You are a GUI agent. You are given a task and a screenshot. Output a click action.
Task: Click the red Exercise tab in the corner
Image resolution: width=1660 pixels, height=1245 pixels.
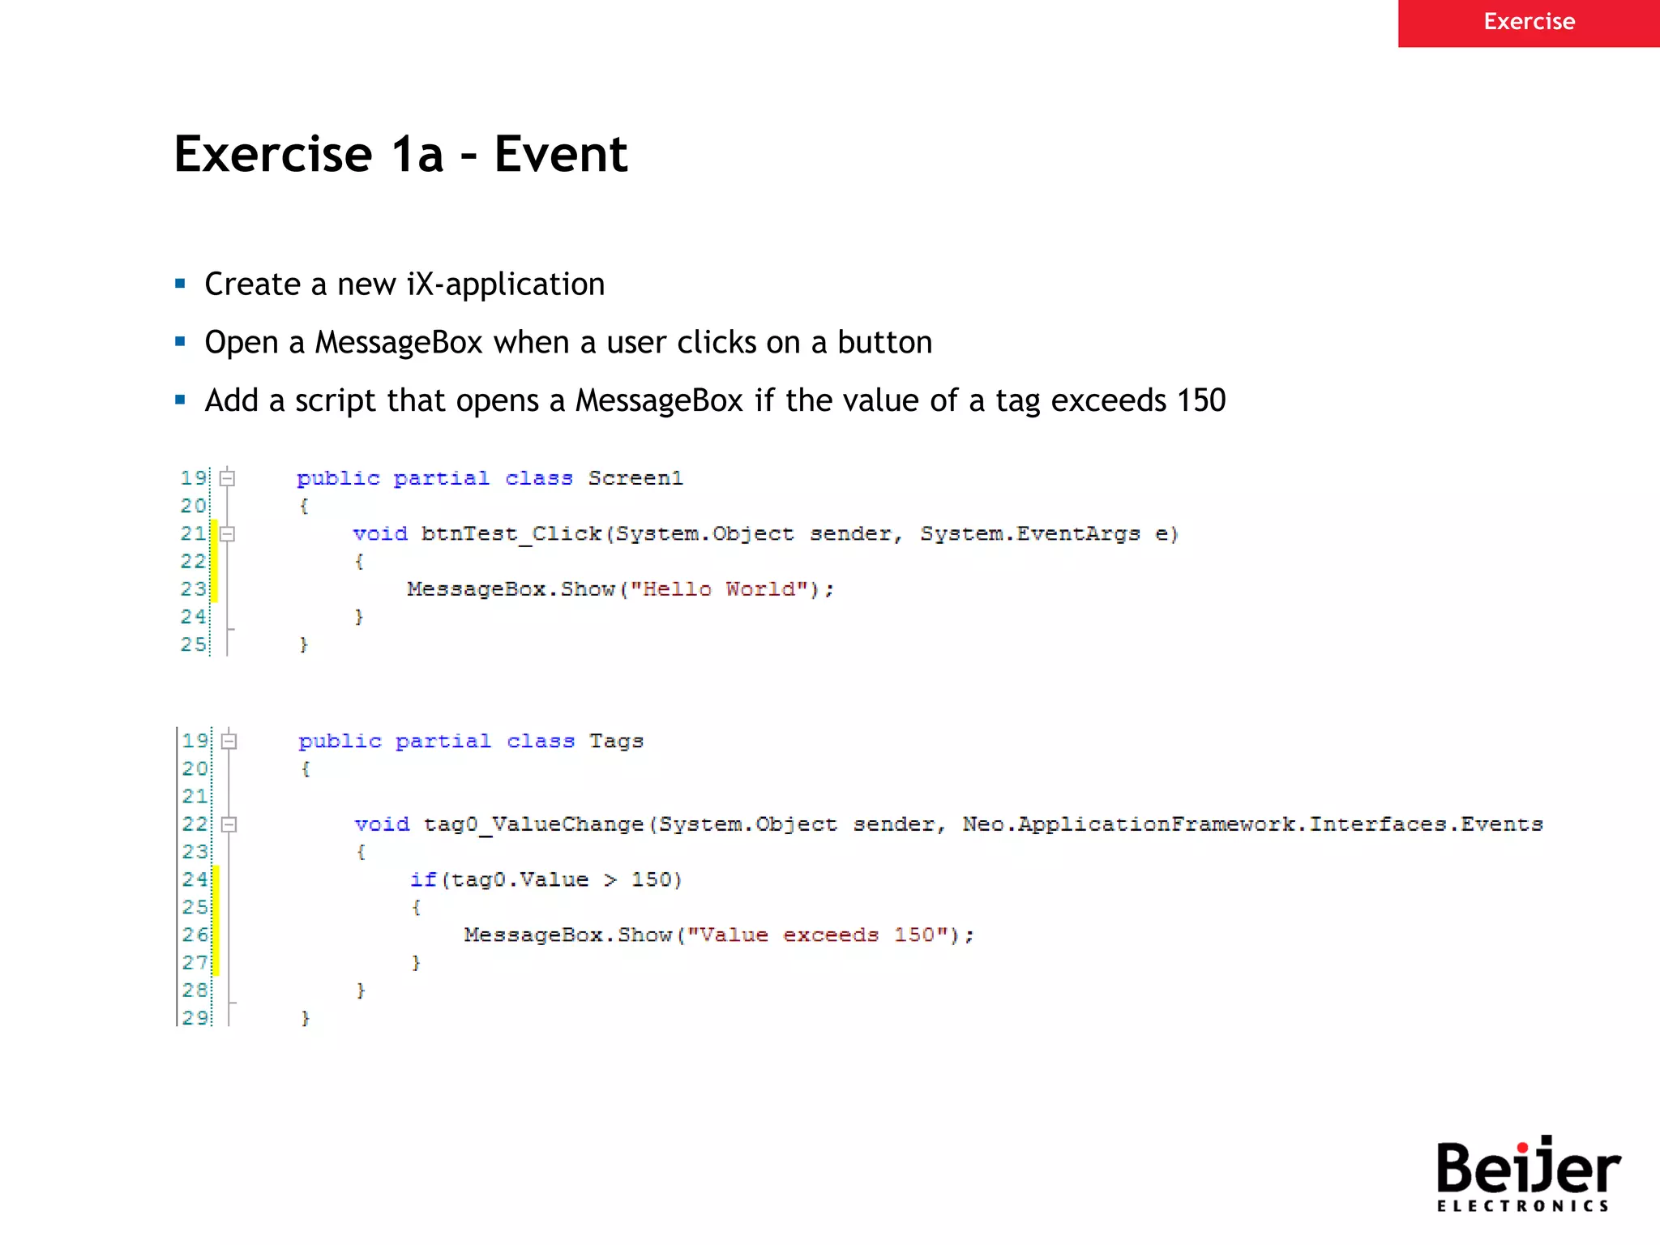[1529, 22]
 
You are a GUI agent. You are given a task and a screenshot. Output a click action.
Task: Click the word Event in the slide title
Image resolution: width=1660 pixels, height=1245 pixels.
[561, 154]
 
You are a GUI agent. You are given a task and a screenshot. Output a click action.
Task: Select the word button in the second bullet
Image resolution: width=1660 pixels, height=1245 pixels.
[884, 343]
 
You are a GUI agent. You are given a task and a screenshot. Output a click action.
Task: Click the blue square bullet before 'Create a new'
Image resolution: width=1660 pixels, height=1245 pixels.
[180, 284]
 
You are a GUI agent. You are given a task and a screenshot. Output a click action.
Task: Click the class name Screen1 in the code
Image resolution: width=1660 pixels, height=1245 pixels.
[635, 478]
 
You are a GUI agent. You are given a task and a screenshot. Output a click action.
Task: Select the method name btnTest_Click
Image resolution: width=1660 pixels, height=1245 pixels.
[511, 533]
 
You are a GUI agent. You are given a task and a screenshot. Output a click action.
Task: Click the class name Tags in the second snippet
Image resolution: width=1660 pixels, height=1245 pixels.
[616, 741]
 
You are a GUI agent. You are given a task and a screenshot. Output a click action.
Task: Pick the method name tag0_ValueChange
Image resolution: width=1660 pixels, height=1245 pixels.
[533, 824]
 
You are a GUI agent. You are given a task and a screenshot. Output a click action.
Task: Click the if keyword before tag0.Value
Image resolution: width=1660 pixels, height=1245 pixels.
[423, 879]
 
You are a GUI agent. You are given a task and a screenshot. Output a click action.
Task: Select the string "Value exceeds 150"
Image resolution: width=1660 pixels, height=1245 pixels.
[819, 935]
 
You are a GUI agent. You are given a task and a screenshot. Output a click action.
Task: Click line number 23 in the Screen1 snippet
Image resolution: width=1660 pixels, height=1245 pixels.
[193, 589]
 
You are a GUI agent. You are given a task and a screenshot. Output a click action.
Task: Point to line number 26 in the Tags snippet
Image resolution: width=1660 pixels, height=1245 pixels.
[195, 935]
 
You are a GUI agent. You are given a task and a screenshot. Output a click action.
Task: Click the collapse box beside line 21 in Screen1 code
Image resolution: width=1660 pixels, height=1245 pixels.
[228, 533]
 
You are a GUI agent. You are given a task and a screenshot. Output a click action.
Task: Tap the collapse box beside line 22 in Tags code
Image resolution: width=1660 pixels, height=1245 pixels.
[229, 824]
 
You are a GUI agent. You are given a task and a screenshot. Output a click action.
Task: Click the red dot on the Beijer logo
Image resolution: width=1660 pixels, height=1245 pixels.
[1522, 1147]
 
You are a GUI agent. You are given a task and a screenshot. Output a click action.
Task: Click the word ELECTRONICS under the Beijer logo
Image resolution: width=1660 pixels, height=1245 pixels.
[1522, 1206]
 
